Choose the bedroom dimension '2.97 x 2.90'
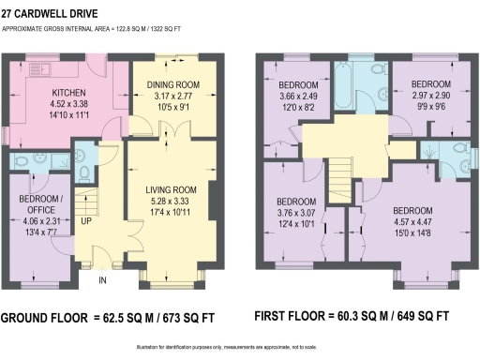click(431, 95)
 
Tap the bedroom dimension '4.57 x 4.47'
click(412, 221)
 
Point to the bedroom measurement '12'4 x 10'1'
click(295, 223)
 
